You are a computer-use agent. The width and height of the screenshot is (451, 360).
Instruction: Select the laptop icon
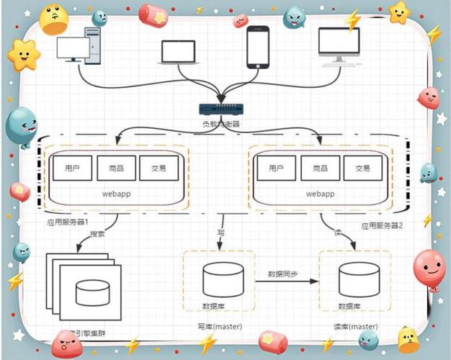tap(178, 53)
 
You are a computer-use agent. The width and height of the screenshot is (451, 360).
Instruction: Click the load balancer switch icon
tap(220, 109)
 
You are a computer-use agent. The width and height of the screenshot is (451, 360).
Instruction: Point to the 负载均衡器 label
tap(220, 124)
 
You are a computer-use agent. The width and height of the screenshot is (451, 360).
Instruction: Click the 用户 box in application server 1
tap(71, 168)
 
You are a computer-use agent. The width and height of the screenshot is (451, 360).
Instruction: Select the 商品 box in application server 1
tap(115, 168)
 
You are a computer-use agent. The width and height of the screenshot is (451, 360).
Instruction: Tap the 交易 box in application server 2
tap(362, 168)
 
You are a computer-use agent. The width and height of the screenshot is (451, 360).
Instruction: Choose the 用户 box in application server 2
tap(275, 168)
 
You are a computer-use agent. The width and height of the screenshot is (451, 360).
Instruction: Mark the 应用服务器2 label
tap(383, 225)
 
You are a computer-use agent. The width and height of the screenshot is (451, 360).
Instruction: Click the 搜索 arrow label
tap(98, 234)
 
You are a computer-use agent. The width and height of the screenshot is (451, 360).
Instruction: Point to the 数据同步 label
tap(282, 274)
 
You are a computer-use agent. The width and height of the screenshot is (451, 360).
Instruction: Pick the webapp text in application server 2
tap(319, 194)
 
